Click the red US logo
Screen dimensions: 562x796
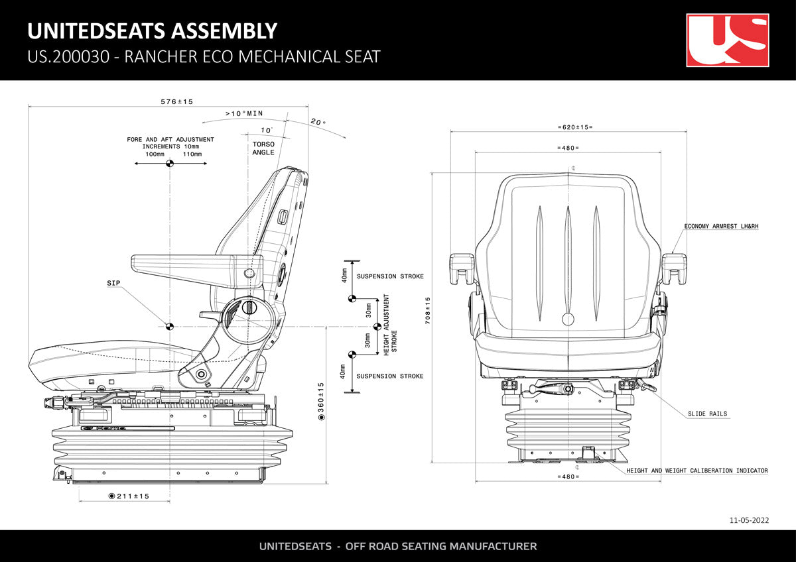(x=727, y=40)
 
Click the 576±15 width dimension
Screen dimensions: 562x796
(x=176, y=102)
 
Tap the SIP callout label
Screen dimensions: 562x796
(x=113, y=283)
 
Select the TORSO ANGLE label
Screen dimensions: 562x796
(x=263, y=148)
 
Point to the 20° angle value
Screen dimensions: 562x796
(x=318, y=122)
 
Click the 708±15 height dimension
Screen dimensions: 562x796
(x=428, y=309)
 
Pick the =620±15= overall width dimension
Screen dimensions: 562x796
(x=575, y=127)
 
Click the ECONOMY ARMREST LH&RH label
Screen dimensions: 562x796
(x=721, y=226)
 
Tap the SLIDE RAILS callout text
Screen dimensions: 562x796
(x=707, y=414)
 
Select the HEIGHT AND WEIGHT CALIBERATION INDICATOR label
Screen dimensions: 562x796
(x=697, y=471)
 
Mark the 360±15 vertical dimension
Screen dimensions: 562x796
(x=321, y=401)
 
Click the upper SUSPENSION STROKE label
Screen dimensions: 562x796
(x=390, y=276)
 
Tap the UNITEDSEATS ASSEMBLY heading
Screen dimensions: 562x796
(x=152, y=30)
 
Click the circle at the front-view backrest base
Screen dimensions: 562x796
(x=568, y=319)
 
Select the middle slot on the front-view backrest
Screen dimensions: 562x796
(x=567, y=258)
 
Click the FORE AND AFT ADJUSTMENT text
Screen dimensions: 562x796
(x=170, y=140)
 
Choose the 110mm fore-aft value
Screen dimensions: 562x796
(x=192, y=154)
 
